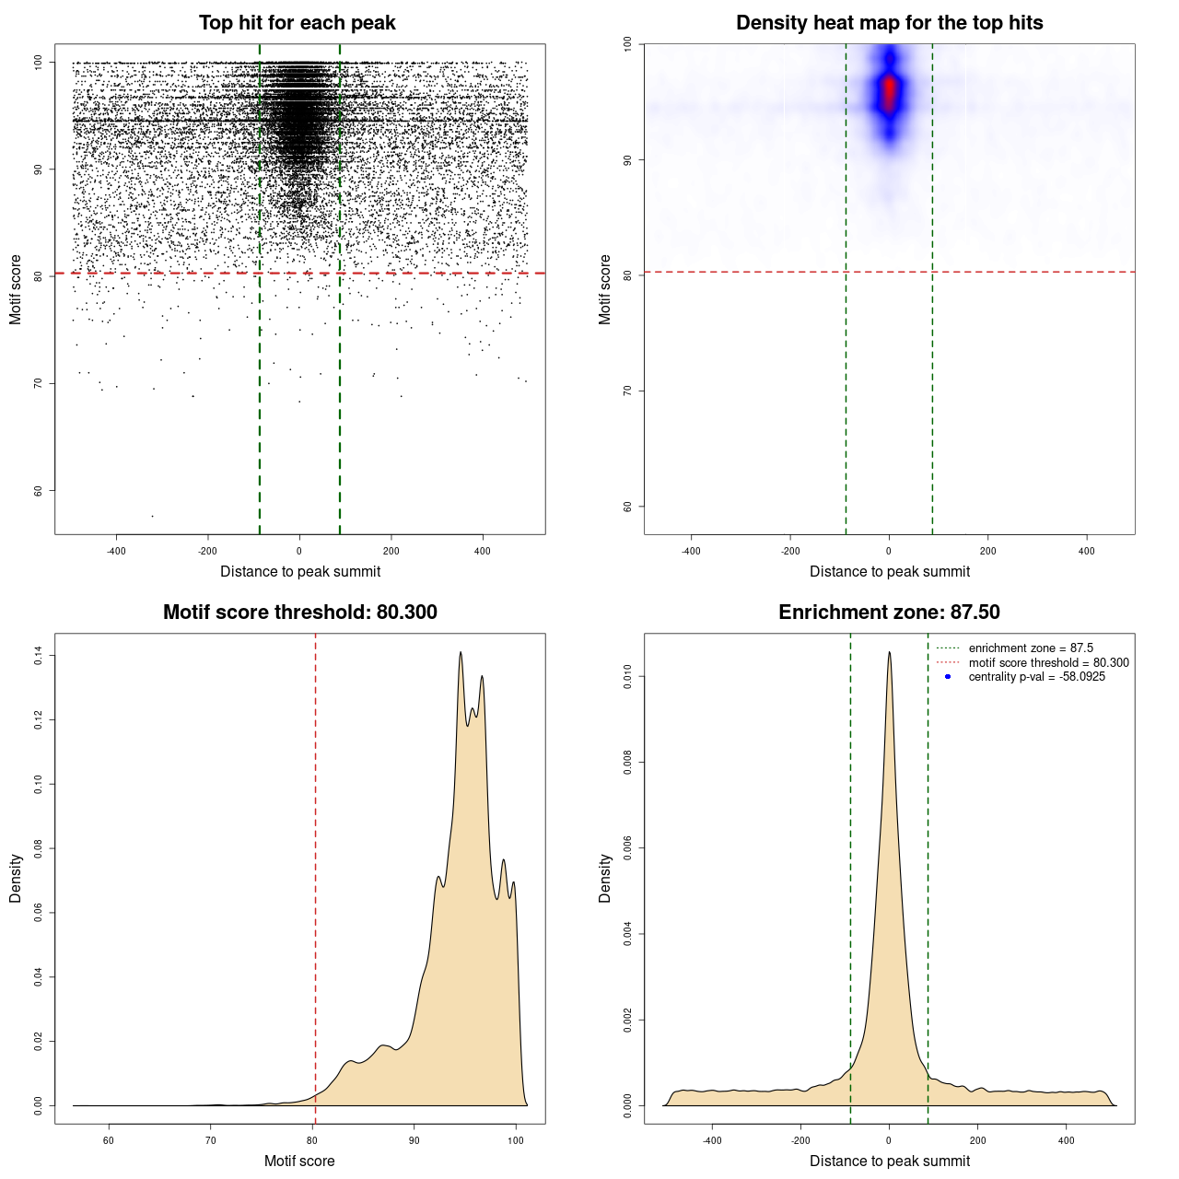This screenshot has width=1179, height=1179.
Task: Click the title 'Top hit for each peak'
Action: coord(297,23)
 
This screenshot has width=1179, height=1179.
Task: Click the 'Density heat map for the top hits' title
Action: coord(889,23)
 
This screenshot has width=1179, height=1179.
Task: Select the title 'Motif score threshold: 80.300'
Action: coord(299,613)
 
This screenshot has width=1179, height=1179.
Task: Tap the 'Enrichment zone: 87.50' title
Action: coord(889,613)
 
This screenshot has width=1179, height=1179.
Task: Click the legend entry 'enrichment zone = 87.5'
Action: coord(1031,648)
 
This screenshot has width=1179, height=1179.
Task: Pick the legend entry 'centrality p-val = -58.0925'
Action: coord(1036,677)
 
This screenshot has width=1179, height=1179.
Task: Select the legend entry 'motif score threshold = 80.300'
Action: coord(1048,663)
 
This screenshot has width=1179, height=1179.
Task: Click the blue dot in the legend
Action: coord(948,677)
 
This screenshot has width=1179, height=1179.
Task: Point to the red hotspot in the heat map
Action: coord(889,93)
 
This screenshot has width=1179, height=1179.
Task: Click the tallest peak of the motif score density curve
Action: coord(461,653)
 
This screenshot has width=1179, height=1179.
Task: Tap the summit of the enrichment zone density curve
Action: coord(889,652)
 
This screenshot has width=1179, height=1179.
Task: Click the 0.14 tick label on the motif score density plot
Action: coord(39,655)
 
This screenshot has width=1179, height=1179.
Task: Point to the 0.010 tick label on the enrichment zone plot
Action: coord(628,677)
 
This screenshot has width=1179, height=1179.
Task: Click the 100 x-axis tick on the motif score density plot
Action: coord(516,1140)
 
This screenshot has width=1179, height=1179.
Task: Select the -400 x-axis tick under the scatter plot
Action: coord(116,551)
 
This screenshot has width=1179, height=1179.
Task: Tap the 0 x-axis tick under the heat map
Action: coord(889,551)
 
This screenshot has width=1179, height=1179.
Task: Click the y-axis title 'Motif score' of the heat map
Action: coord(605,289)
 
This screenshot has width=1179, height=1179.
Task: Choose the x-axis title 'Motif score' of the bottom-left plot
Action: coord(299,1161)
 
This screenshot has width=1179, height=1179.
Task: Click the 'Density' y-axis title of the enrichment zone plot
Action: coord(605,878)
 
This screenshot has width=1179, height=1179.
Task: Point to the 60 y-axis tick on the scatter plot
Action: coord(39,491)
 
